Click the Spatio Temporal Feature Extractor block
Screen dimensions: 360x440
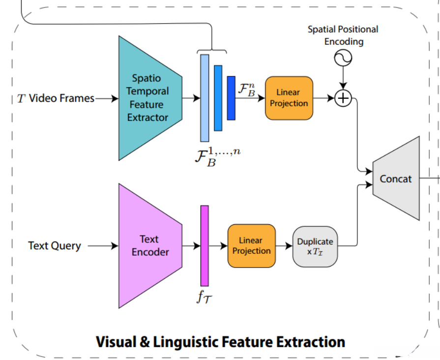[150, 98]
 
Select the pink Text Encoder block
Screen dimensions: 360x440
[150, 245]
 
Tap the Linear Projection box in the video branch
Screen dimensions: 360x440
[289, 98]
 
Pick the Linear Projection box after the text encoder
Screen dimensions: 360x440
[251, 245]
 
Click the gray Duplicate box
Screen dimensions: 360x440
[315, 246]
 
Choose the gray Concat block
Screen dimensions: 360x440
[396, 179]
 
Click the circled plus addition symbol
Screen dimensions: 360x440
[343, 98]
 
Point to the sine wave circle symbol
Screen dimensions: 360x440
[343, 59]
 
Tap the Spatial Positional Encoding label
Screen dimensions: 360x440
[343, 35]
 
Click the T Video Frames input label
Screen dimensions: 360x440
[56, 98]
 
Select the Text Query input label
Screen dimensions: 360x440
[55, 245]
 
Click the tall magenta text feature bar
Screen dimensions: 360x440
[205, 245]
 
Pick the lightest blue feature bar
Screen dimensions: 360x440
[205, 98]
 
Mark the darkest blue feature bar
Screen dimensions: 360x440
[231, 98]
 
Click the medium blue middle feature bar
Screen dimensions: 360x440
[218, 98]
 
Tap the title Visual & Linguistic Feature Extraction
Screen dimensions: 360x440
[220, 341]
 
